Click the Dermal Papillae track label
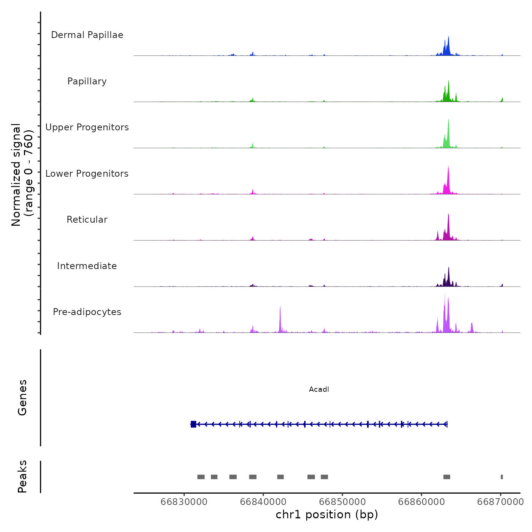[87, 35]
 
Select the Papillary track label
[87, 81]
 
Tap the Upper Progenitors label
[87, 127]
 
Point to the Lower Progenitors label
[87, 174]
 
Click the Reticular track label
[87, 220]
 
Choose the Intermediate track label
[87, 266]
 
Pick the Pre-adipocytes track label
[87, 312]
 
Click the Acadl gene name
[319, 389]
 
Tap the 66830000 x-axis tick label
[184, 502]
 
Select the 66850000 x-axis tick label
[342, 502]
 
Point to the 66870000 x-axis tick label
[500, 502]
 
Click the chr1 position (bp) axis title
[327, 515]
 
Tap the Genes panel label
[22, 397]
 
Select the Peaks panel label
[22, 477]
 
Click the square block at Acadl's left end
[193, 424]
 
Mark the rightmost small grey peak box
[502, 477]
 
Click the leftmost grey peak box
[201, 477]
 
